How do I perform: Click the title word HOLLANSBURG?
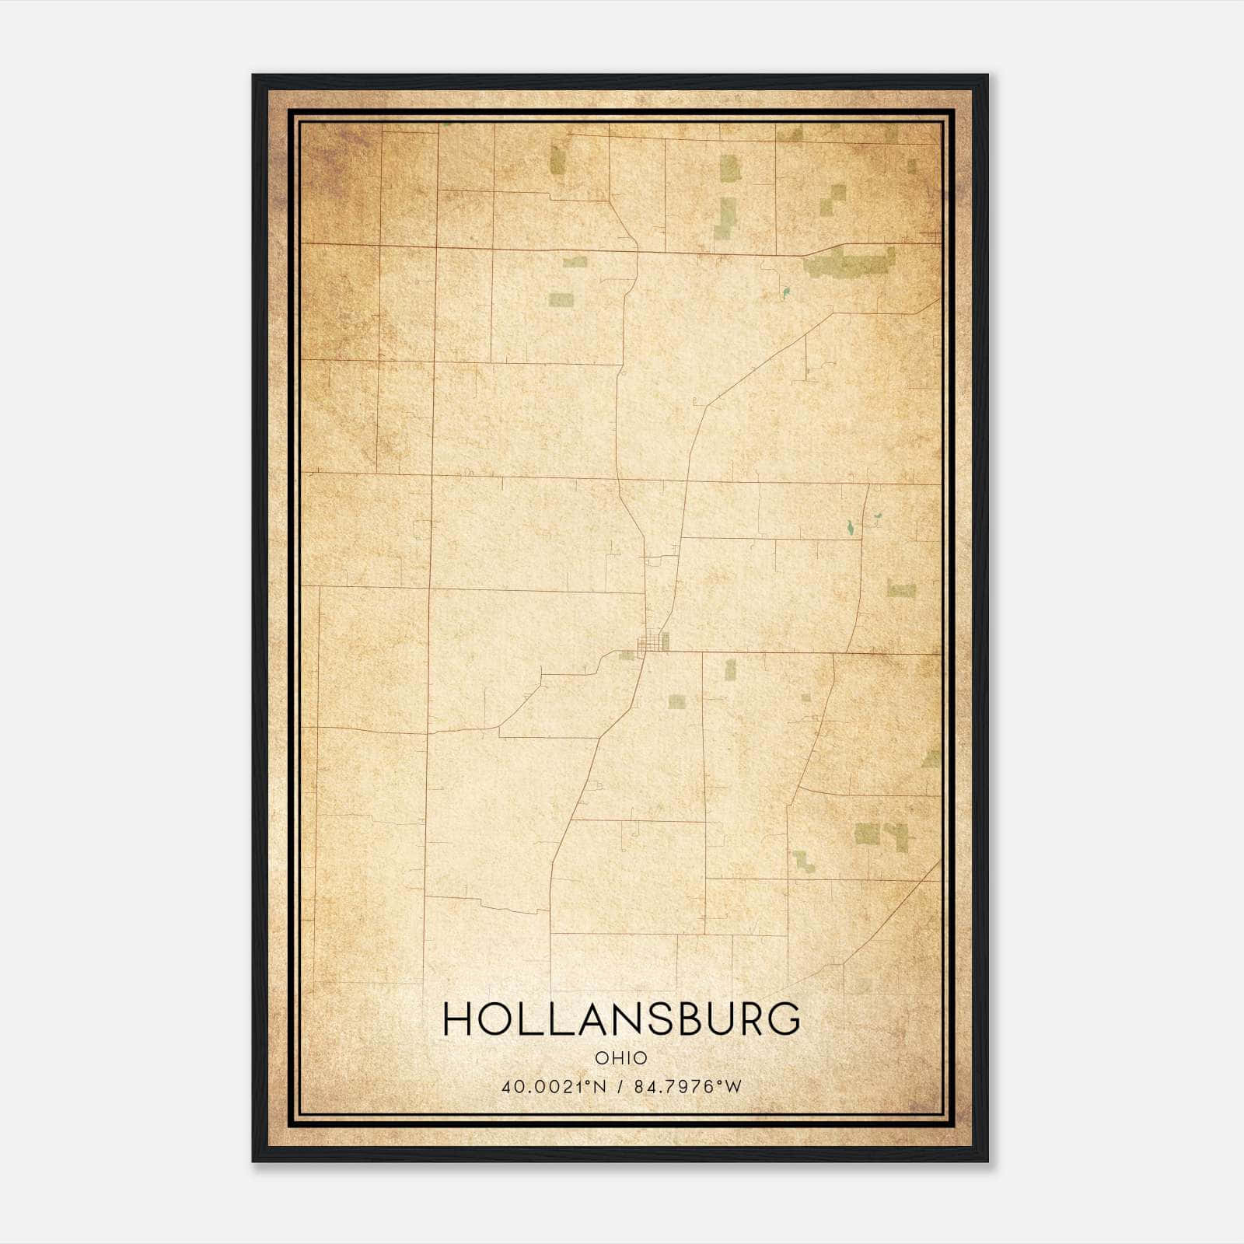pyautogui.click(x=621, y=1019)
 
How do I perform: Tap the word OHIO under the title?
pyautogui.click(x=621, y=1058)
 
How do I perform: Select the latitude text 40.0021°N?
pyautogui.click(x=554, y=1087)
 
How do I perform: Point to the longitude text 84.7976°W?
pyautogui.click(x=689, y=1087)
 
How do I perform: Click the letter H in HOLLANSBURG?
pyautogui.click(x=456, y=1019)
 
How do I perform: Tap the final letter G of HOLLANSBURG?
pyautogui.click(x=787, y=1019)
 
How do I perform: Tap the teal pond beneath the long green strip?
pyautogui.click(x=786, y=293)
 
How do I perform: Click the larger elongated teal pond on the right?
pyautogui.click(x=851, y=528)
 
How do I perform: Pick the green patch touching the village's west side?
pyautogui.click(x=627, y=655)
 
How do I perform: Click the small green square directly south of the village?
pyautogui.click(x=676, y=701)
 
